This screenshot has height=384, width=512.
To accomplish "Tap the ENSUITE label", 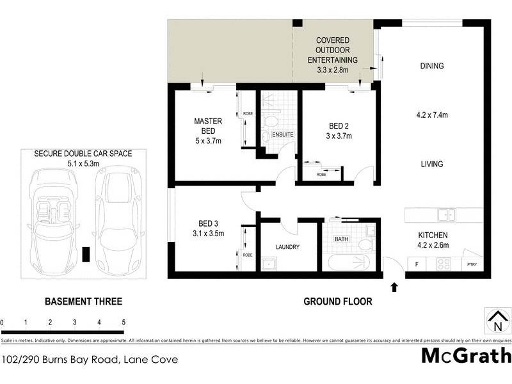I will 282,135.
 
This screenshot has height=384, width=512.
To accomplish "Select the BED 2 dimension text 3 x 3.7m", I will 339,136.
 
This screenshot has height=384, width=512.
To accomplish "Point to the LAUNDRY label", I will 287,247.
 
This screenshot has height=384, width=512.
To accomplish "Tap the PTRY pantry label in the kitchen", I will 472,264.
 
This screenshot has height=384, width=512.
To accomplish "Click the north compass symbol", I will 494,320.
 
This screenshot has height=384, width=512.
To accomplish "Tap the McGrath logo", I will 466,357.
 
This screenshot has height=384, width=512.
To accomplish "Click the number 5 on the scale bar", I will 122,322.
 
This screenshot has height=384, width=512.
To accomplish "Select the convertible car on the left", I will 55,216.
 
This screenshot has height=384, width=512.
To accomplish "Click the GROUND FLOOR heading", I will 338,301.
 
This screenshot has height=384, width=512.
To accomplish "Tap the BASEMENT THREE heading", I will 83,301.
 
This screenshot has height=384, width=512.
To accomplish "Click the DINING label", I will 432,66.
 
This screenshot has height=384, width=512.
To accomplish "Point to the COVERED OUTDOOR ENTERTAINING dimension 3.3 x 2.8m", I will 332,69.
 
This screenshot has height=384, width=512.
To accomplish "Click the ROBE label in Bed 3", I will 247,254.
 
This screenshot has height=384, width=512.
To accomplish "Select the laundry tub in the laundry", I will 268,263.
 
